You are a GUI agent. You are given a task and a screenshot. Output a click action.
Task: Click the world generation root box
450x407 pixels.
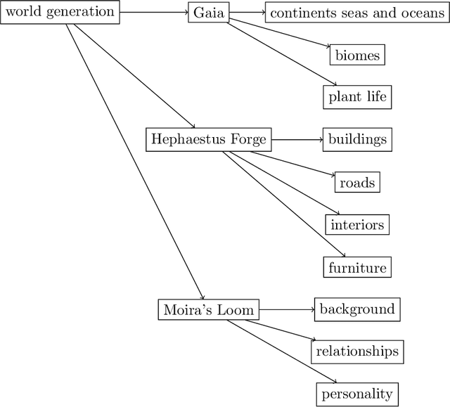pos(60,12)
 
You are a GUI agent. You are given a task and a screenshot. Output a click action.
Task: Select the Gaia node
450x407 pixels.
pos(209,13)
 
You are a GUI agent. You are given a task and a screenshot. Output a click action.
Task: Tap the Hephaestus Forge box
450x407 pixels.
pos(209,139)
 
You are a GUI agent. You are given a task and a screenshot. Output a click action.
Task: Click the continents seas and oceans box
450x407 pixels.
pos(356,13)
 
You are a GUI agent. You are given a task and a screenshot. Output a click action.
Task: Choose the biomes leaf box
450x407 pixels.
pos(357,55)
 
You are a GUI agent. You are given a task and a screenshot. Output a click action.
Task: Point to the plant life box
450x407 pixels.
pos(357,97)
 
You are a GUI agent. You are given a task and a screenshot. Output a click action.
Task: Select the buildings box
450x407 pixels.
pos(357,139)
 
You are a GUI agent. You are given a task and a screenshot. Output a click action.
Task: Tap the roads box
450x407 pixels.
pos(357,183)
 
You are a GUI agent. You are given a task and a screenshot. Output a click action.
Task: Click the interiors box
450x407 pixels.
pos(357,225)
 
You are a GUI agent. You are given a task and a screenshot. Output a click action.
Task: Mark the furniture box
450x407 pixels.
pos(357,268)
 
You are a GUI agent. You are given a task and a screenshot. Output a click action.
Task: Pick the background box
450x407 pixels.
pos(357,309)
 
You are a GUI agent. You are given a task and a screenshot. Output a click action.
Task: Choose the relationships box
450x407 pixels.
pos(357,351)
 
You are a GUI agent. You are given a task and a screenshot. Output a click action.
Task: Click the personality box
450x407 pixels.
pos(357,394)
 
